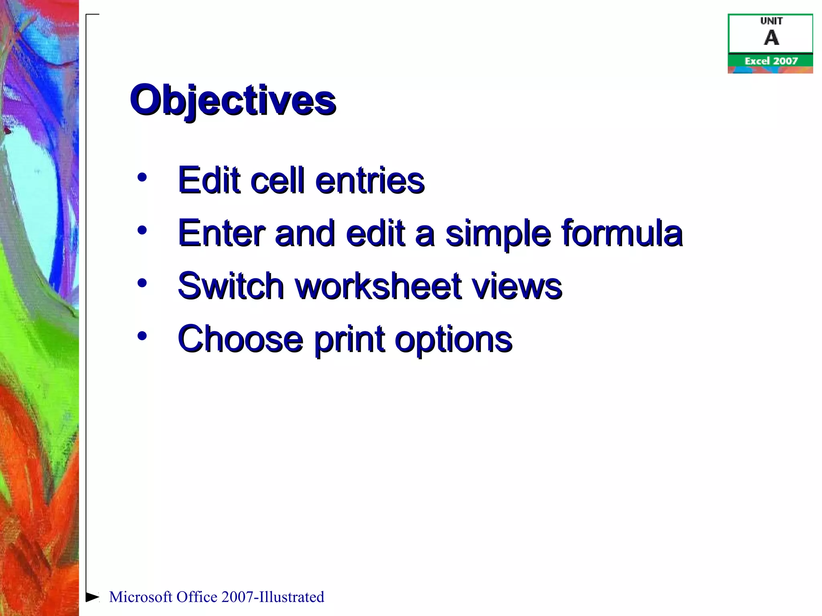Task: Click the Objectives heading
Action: click(x=233, y=100)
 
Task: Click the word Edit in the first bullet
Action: click(x=209, y=180)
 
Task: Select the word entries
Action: click(x=370, y=180)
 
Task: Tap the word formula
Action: click(x=622, y=233)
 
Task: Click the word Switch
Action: click(x=231, y=286)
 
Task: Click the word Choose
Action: click(x=240, y=339)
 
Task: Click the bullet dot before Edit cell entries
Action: click(x=142, y=177)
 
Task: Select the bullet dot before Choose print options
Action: click(x=142, y=336)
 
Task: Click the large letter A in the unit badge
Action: click(x=771, y=38)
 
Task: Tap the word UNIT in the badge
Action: click(x=771, y=21)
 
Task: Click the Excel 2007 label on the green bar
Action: click(x=771, y=61)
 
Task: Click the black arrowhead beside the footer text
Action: click(x=92, y=597)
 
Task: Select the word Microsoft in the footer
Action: click(x=140, y=597)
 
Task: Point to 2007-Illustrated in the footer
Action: click(x=273, y=597)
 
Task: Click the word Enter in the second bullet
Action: click(x=221, y=233)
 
